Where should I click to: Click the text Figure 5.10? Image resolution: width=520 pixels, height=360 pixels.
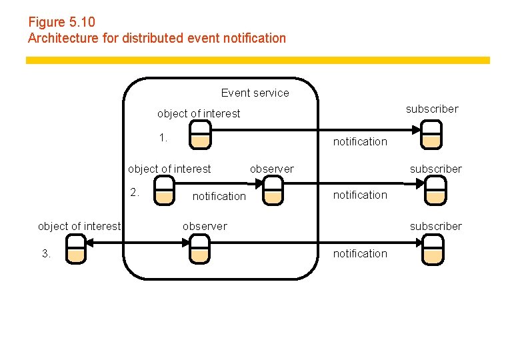(x=62, y=22)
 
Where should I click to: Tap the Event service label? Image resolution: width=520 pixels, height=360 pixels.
(x=255, y=93)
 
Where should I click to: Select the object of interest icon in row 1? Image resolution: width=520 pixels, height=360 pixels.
(x=200, y=135)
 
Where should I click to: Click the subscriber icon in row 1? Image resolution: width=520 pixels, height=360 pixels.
(x=431, y=135)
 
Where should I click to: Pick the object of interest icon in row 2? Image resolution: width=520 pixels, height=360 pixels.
(x=164, y=190)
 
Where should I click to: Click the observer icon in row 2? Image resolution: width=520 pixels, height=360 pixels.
(x=273, y=190)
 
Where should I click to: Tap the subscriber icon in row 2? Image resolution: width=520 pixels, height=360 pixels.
(x=436, y=190)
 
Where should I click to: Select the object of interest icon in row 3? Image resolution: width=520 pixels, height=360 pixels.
(x=76, y=249)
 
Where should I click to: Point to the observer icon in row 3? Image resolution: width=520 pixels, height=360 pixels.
(x=199, y=249)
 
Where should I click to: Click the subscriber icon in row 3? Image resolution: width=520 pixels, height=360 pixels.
(x=433, y=249)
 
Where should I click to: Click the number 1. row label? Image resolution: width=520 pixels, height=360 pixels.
(x=163, y=137)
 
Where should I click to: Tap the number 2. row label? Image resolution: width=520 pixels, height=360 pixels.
(x=135, y=192)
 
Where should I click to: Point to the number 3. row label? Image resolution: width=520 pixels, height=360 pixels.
(x=47, y=253)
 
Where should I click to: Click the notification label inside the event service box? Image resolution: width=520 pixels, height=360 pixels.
(x=219, y=196)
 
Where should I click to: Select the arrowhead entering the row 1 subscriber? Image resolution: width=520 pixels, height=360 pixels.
(x=416, y=130)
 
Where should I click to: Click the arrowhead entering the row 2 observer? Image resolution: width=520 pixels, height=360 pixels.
(x=259, y=183)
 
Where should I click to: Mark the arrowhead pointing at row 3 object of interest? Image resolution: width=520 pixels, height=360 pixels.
(x=89, y=243)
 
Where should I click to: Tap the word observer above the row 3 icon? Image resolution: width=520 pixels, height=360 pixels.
(x=205, y=226)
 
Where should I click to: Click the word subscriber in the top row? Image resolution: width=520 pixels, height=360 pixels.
(x=432, y=109)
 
